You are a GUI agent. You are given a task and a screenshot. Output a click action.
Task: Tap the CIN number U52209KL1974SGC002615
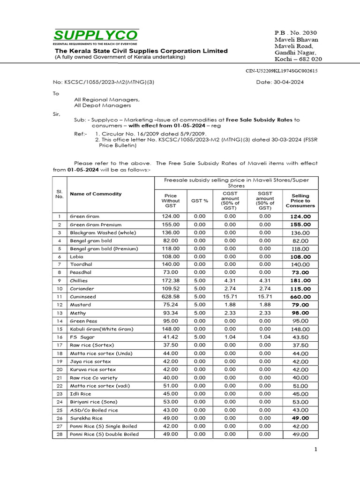[x=282, y=71]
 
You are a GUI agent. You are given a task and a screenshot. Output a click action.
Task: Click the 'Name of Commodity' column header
[x=96, y=194]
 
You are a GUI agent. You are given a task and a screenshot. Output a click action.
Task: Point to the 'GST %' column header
[x=200, y=200]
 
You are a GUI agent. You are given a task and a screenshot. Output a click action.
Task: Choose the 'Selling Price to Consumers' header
[x=300, y=201]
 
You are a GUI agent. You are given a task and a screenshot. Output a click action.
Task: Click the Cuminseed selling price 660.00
[x=300, y=297]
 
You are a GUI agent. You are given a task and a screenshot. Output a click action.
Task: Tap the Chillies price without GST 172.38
[x=171, y=280]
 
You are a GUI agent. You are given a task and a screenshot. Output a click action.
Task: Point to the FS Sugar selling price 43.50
[x=300, y=337]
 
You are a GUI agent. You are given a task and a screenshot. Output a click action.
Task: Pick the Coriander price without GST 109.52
[x=171, y=288]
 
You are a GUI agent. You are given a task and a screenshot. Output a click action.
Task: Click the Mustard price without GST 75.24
[x=171, y=305]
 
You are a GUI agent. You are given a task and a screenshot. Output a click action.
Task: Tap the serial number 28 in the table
[x=59, y=434]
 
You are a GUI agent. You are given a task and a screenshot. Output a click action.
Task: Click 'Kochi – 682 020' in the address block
[x=298, y=59]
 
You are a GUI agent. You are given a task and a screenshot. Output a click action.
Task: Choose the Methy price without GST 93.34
[x=171, y=313]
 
